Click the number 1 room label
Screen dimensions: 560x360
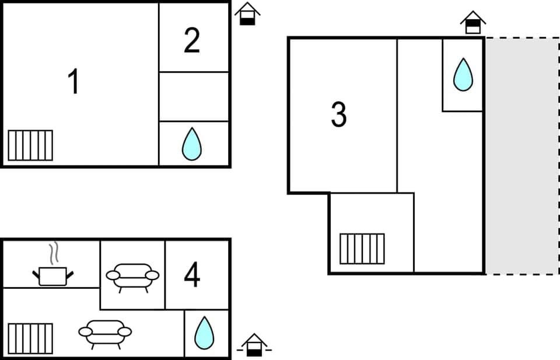(73, 82)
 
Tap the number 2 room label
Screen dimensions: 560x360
(192, 40)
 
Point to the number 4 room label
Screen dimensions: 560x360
(192, 275)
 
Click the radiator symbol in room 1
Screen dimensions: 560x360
(30, 145)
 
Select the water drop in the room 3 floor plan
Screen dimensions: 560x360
(463, 74)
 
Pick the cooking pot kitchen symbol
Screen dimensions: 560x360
(53, 275)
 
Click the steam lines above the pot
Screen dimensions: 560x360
(54, 253)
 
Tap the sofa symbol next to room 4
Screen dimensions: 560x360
(132, 276)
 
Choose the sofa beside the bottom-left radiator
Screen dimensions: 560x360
(105, 333)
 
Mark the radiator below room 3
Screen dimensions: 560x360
(362, 249)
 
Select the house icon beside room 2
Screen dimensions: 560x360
(247, 13)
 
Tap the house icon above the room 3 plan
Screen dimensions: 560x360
(473, 22)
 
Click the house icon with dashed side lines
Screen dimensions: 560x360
(254, 345)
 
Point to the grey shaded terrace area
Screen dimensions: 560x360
(521, 155)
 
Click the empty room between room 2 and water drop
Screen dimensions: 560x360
(194, 96)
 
